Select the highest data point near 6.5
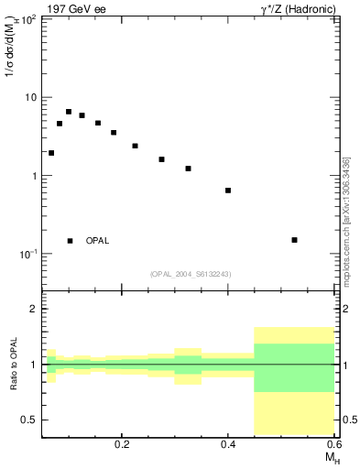pyautogui.click(x=69, y=112)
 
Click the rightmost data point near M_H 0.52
pyautogui.click(x=294, y=240)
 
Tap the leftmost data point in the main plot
pyautogui.click(x=51, y=153)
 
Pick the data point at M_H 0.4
pyautogui.click(x=228, y=191)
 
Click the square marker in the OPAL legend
pyautogui.click(x=70, y=241)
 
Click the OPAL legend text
pyautogui.click(x=97, y=241)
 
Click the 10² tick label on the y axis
pyautogui.click(x=27, y=18)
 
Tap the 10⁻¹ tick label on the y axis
pyautogui.click(x=27, y=254)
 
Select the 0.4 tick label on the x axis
pyautogui.click(x=228, y=444)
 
